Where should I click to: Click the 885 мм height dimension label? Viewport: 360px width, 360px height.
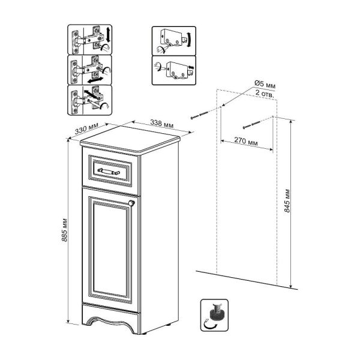(65, 230)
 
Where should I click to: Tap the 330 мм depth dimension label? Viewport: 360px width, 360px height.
(86, 128)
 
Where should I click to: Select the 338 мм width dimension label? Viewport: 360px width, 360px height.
(162, 124)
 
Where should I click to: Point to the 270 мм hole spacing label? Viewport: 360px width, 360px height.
(246, 141)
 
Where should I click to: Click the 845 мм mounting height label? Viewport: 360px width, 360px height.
(287, 200)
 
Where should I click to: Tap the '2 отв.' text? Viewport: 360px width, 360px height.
(265, 94)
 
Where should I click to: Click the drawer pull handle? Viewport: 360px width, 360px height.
(109, 171)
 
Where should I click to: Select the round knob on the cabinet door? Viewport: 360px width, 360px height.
(131, 203)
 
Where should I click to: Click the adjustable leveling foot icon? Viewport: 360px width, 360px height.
(214, 315)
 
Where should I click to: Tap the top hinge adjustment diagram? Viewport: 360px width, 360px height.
(90, 40)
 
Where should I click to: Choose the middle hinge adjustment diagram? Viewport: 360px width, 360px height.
(90, 70)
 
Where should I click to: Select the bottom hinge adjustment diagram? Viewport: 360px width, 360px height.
(90, 100)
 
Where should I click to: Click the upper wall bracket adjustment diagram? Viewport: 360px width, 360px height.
(174, 41)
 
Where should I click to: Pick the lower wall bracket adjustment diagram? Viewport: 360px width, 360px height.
(174, 70)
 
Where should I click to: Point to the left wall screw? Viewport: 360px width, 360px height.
(200, 115)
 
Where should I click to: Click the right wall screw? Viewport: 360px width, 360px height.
(251, 125)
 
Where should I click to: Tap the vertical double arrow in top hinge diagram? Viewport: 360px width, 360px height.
(109, 34)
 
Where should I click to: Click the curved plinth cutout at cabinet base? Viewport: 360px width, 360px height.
(110, 324)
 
